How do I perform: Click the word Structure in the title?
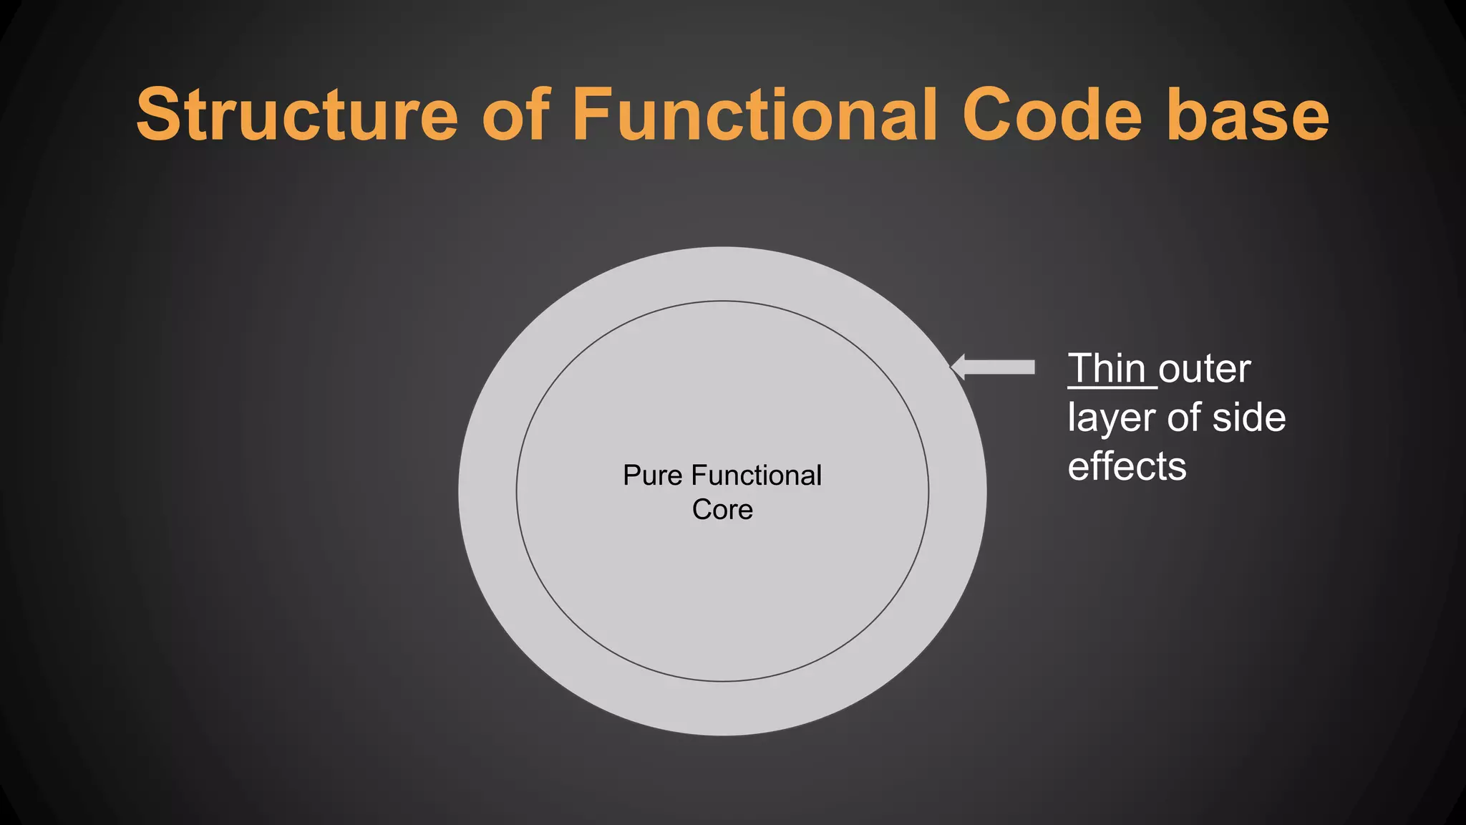pos(297,115)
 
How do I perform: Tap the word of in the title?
pos(515,115)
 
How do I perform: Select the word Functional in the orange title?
pos(755,115)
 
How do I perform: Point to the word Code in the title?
pos(1052,115)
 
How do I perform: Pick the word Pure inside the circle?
pos(652,476)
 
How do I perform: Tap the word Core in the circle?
pos(722,510)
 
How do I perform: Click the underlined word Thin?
pos(1107,370)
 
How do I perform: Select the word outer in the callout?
pos(1205,370)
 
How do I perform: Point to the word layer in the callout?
pos(1112,418)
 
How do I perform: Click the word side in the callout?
pos(1249,418)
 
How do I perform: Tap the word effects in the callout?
pos(1127,466)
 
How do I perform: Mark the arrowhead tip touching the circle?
pos(952,367)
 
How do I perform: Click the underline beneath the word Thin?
pos(1112,388)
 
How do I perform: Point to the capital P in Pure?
pos(631,476)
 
